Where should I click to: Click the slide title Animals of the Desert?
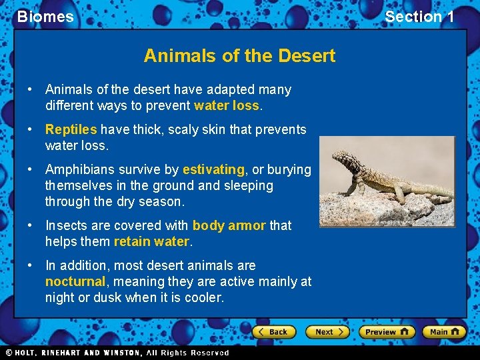tap(239, 55)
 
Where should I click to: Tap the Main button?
tap(445, 331)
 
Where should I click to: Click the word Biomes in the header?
tap(45, 17)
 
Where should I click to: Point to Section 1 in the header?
tap(419, 17)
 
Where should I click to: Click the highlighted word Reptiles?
tap(71, 129)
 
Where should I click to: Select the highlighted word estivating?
tap(213, 169)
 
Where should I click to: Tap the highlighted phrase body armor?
tap(229, 225)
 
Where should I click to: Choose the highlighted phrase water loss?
tap(226, 105)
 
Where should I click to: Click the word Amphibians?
tap(78, 169)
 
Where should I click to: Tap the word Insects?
tap(65, 225)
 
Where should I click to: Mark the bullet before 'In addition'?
tap(31, 265)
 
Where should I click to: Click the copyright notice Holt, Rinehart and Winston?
tap(117, 353)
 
